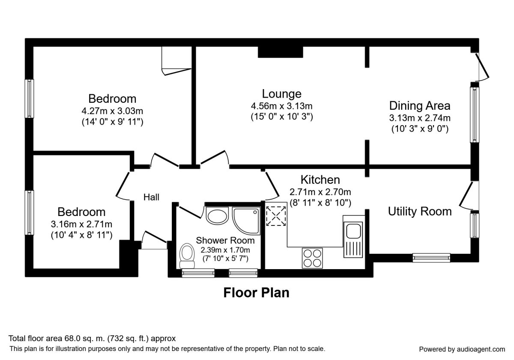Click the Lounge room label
pos(281,94)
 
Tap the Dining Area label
pos(420,105)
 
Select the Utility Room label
pos(420,211)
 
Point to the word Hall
pos(151,197)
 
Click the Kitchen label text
pos(320,180)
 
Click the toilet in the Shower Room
pos(187,256)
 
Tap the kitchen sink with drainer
pos(353,240)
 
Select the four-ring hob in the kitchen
pos(312,258)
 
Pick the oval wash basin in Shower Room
pos(217,215)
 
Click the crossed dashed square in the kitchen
pos(276,216)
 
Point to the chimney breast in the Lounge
pos(281,52)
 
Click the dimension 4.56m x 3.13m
pos(281,106)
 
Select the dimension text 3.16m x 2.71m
pos(81,224)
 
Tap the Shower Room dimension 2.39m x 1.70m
pos(225,250)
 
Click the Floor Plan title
pos(256,293)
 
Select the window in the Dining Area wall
pos(474,114)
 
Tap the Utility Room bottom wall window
pos(431,258)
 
